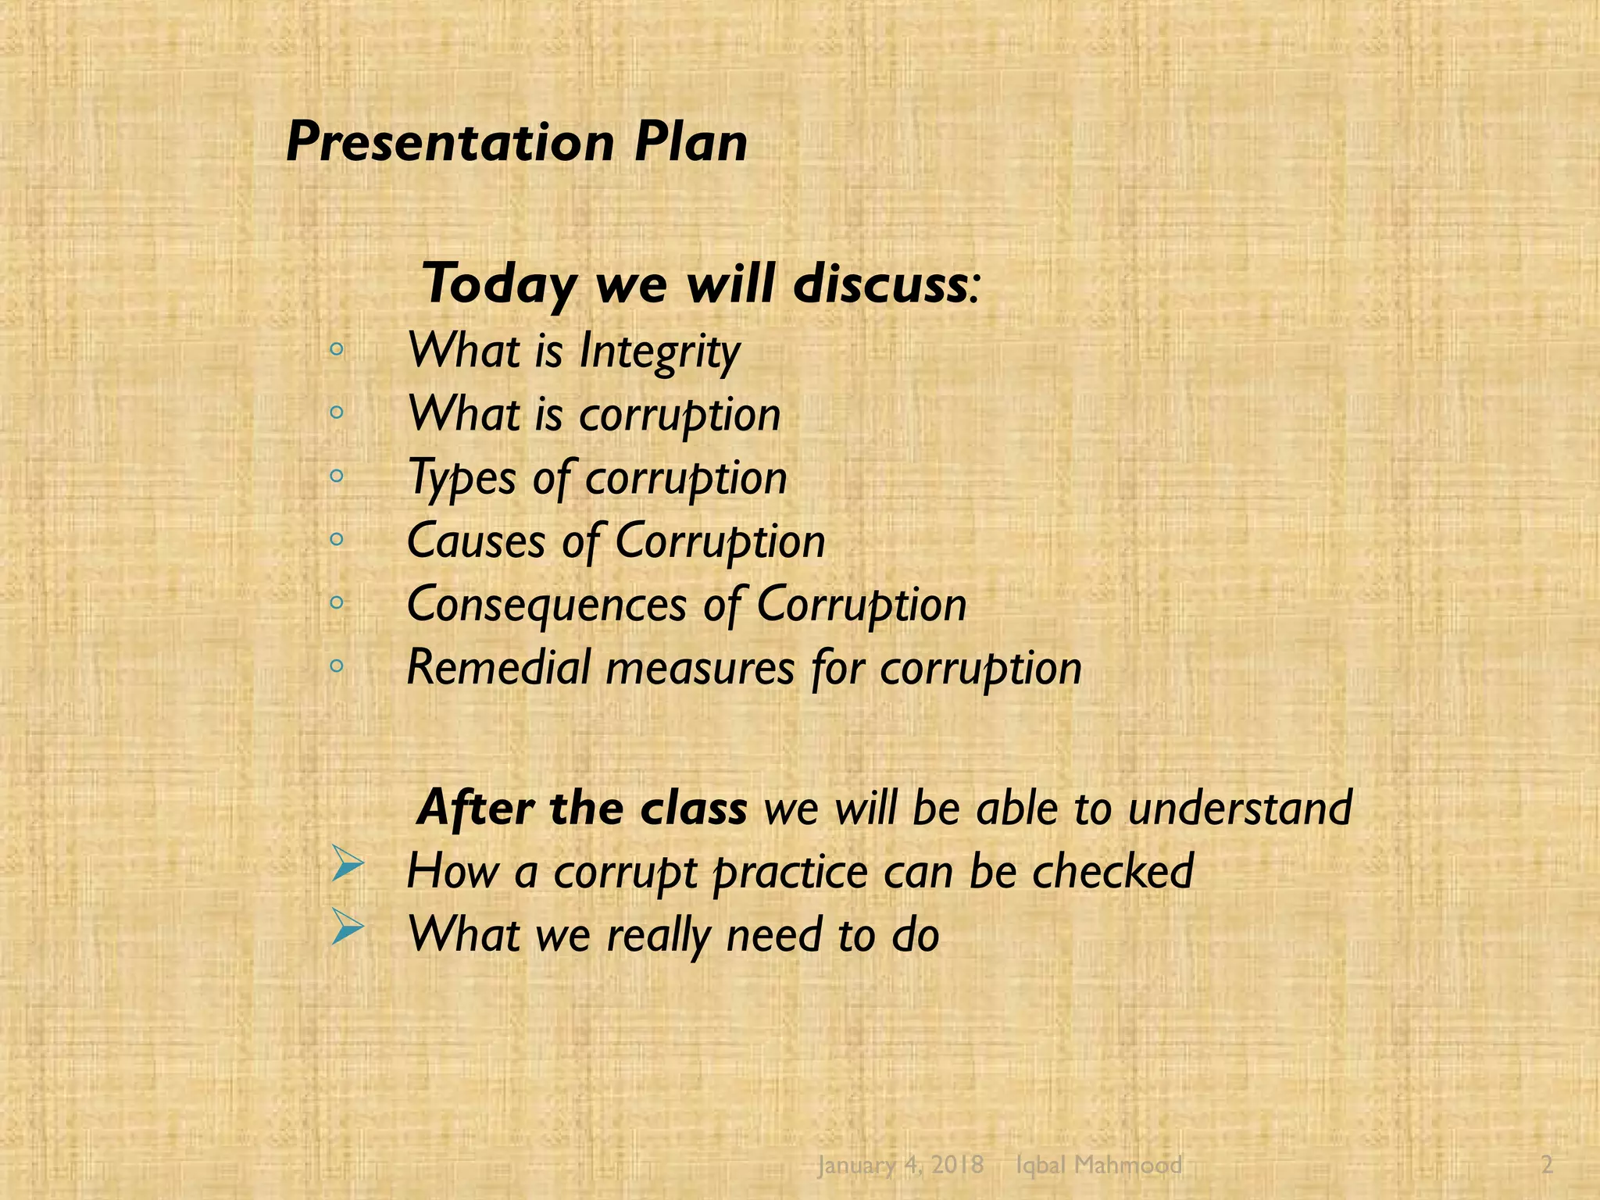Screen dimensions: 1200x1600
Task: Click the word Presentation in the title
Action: click(x=450, y=144)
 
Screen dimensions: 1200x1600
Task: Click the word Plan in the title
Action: click(x=691, y=144)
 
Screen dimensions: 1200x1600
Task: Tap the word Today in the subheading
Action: click(x=500, y=284)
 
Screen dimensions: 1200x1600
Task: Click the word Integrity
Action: click(x=659, y=352)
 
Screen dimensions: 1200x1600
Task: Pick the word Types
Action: click(x=462, y=478)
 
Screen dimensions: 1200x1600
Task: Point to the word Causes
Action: click(x=476, y=541)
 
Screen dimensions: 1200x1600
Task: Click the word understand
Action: click(x=1240, y=808)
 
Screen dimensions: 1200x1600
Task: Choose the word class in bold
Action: click(x=693, y=808)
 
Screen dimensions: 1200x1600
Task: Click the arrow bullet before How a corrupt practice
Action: click(x=347, y=864)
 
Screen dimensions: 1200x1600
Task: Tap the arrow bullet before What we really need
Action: click(x=347, y=927)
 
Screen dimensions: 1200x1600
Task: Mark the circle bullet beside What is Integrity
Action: click(x=337, y=350)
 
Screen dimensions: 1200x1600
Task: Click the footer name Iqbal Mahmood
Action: click(x=1098, y=1165)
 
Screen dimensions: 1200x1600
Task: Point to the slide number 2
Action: click(x=1547, y=1165)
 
